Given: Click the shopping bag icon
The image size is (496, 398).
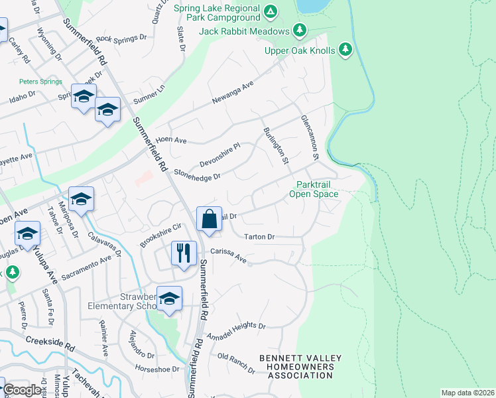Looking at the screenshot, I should [x=209, y=219].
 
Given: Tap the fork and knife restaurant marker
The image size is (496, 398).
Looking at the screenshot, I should [x=184, y=253].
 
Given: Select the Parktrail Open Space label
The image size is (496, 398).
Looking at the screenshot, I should [x=313, y=189].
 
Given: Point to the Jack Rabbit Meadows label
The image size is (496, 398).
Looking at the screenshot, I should [x=245, y=31].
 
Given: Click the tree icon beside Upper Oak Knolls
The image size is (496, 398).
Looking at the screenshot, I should [x=345, y=49].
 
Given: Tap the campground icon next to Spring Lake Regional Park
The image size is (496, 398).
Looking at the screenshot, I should [x=270, y=11].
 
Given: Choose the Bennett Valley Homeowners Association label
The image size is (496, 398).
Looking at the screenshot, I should [x=300, y=367].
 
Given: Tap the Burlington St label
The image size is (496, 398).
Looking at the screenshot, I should [x=277, y=146].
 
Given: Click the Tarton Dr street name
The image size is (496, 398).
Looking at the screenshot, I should [x=259, y=237].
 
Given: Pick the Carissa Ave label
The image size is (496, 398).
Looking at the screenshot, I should [x=229, y=256].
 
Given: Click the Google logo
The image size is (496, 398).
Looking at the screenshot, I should [x=22, y=390].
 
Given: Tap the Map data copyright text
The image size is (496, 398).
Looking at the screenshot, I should [x=467, y=393].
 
